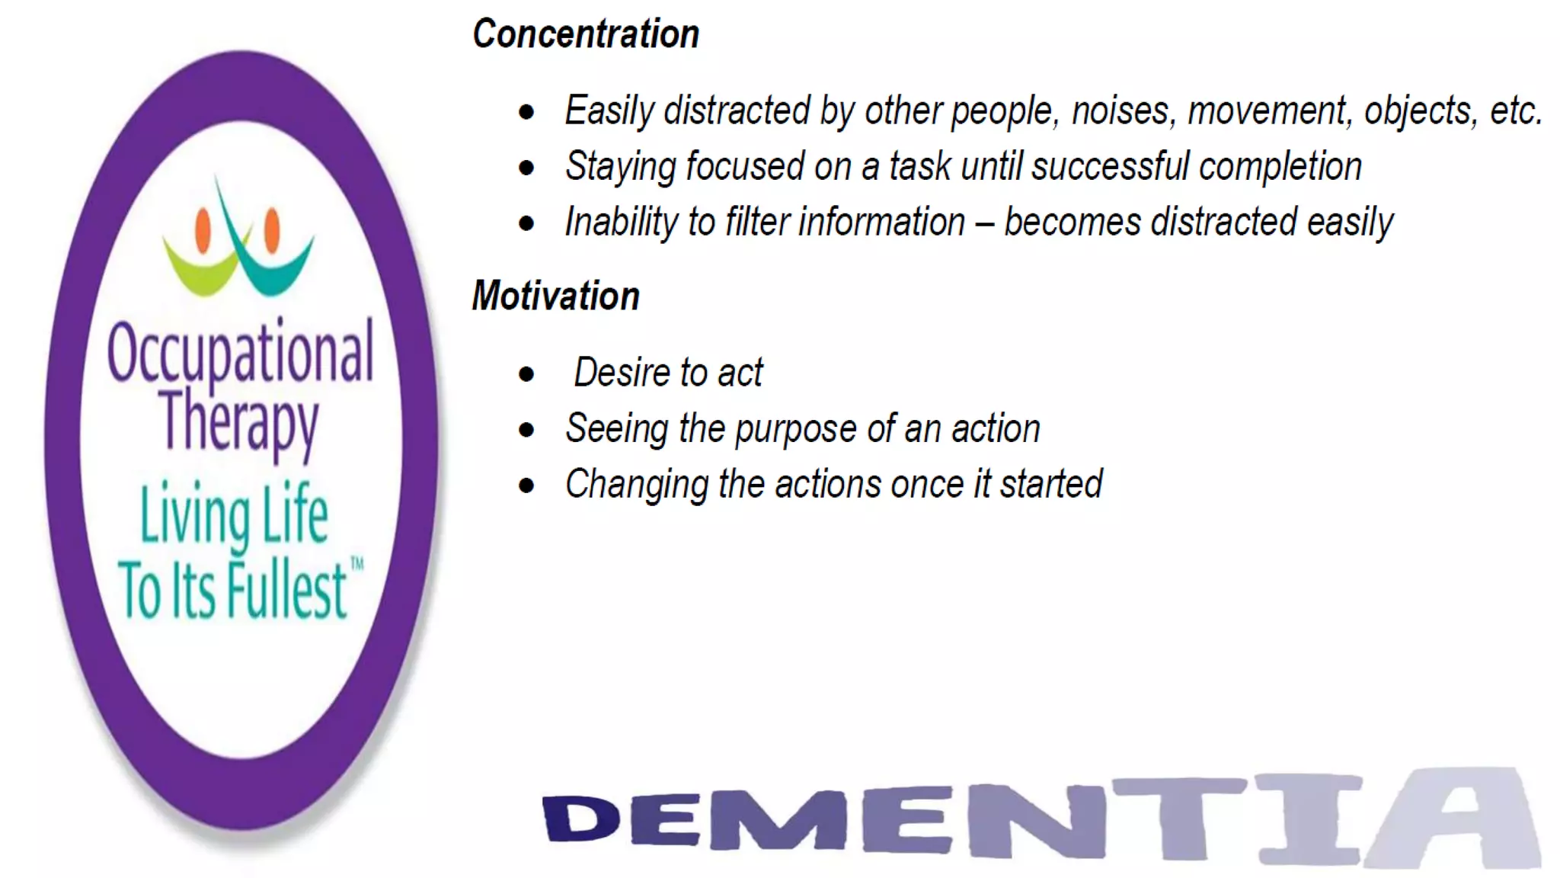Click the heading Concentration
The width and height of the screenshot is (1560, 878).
click(x=585, y=34)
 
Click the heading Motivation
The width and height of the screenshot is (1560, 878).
click(x=555, y=296)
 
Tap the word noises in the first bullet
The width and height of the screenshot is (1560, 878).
click(x=1120, y=111)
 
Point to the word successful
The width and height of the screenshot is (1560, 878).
click(x=1110, y=167)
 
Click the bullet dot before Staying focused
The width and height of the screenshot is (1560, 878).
click(x=526, y=168)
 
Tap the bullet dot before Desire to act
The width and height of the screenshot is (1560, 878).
click(x=526, y=374)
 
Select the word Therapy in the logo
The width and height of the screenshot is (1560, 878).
click(x=239, y=421)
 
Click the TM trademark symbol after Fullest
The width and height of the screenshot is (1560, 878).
click(x=356, y=565)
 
